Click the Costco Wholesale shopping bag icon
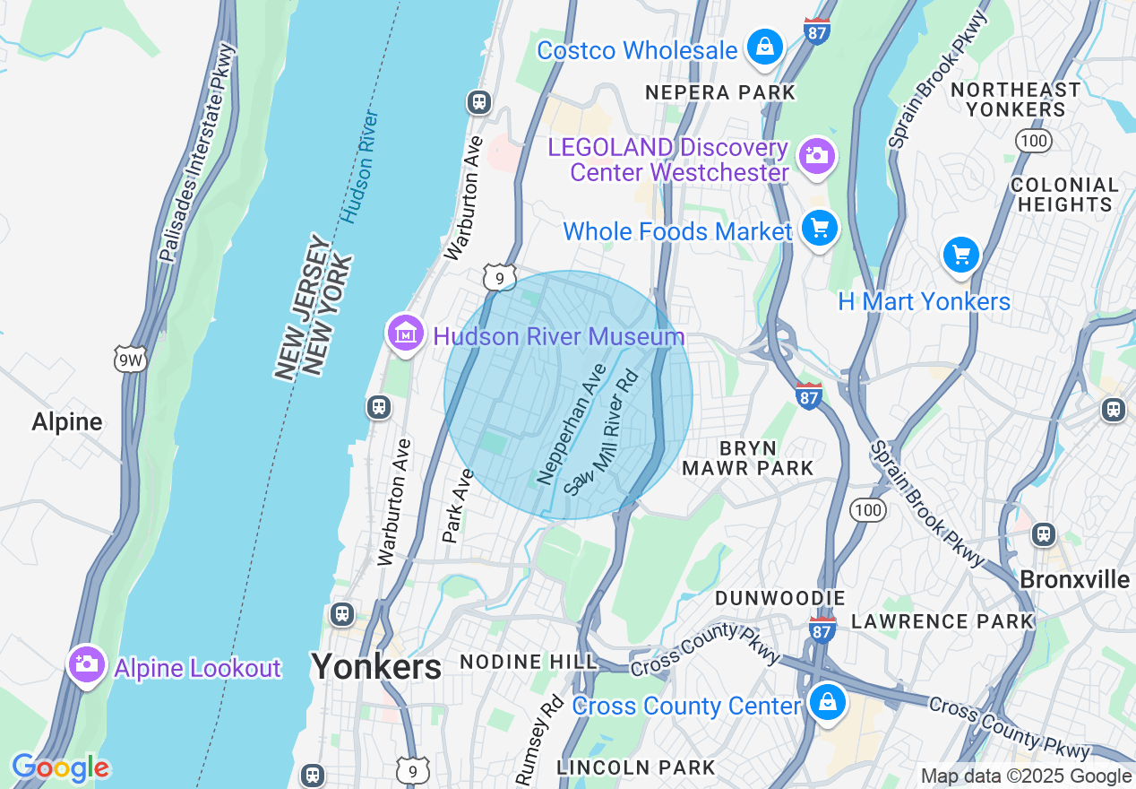pyautogui.click(x=764, y=48)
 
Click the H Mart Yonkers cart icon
pyautogui.click(x=961, y=256)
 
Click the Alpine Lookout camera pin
pyautogui.click(x=87, y=665)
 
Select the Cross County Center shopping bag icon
pyautogui.click(x=828, y=702)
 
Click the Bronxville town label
pyautogui.click(x=1074, y=579)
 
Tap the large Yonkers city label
pyautogui.click(x=376, y=666)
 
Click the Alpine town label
pyautogui.click(x=67, y=421)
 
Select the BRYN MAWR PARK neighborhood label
pyautogui.click(x=747, y=457)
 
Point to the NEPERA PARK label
pyautogui.click(x=720, y=92)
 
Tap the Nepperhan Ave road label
pyautogui.click(x=572, y=425)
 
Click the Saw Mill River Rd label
pyautogui.click(x=605, y=433)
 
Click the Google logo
pyautogui.click(x=60, y=768)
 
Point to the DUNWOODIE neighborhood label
pyautogui.click(x=779, y=597)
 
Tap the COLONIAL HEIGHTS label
pyautogui.click(x=1064, y=195)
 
